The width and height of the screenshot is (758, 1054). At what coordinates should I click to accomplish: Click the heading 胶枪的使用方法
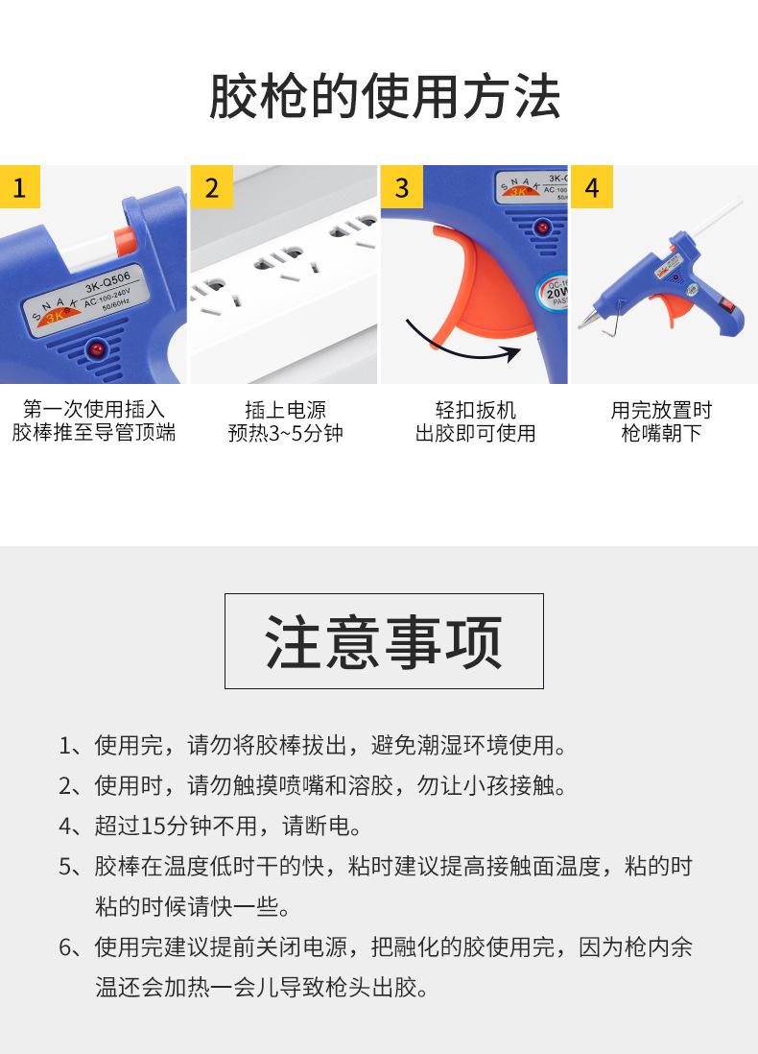385,97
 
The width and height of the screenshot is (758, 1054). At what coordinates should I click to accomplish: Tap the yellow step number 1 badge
20,187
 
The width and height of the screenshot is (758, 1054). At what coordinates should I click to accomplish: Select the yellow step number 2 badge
212,187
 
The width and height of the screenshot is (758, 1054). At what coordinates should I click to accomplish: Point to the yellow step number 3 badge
402,187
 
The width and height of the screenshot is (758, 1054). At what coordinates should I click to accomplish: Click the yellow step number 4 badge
592,187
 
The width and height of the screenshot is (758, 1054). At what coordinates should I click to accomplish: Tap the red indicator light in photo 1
98,348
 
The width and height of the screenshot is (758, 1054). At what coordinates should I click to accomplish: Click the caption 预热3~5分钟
286,433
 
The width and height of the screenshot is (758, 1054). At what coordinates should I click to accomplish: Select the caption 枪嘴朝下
661,433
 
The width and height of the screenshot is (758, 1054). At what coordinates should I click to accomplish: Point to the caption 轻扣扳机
476,410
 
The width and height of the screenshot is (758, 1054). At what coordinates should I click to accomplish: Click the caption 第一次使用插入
93,409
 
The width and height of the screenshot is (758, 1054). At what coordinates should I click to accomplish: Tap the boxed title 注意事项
384,642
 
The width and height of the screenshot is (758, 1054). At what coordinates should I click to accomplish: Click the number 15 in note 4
152,826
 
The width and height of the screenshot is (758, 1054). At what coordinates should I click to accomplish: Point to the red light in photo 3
542,228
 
